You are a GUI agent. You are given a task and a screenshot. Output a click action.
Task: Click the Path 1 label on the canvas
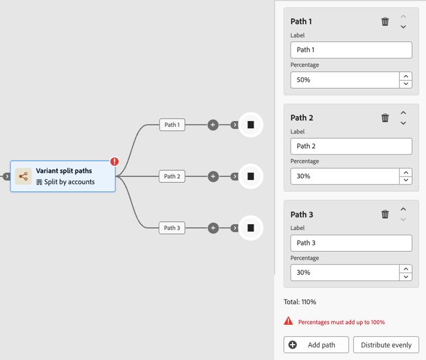(x=172, y=125)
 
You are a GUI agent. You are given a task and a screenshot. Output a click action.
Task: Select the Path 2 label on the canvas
(x=172, y=177)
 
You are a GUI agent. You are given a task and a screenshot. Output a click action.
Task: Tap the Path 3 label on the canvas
(x=172, y=228)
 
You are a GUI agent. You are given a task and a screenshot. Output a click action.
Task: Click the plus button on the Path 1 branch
(x=213, y=125)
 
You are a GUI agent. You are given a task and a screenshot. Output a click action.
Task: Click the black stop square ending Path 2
(x=250, y=177)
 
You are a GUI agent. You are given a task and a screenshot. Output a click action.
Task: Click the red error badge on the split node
(x=114, y=161)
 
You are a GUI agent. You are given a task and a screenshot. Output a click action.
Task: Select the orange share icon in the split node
(x=23, y=177)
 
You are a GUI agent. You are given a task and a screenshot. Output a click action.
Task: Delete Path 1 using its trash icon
(x=385, y=22)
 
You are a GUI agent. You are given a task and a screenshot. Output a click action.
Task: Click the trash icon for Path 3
(x=385, y=214)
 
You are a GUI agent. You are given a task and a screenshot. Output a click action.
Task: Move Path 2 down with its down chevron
(x=403, y=123)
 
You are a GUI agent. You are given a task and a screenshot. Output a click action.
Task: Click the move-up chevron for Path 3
(x=403, y=209)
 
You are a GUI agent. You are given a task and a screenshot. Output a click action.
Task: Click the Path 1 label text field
(x=351, y=50)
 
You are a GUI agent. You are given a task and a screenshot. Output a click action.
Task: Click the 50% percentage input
(x=345, y=80)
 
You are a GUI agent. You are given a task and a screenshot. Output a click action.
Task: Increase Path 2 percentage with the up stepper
(x=406, y=173)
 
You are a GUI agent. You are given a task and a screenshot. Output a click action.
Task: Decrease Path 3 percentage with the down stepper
(x=406, y=277)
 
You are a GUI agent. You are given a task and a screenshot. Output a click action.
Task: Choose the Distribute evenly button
(x=386, y=345)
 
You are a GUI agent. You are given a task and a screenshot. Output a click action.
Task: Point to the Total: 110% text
(x=300, y=302)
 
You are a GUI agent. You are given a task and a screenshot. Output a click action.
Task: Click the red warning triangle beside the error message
(x=288, y=321)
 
